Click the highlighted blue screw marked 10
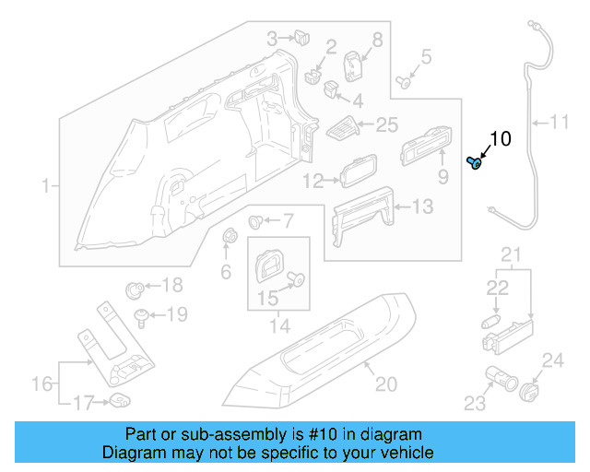[476, 163]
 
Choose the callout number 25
[386, 124]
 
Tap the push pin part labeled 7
[257, 221]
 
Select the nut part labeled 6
[228, 238]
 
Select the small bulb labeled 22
[490, 320]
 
